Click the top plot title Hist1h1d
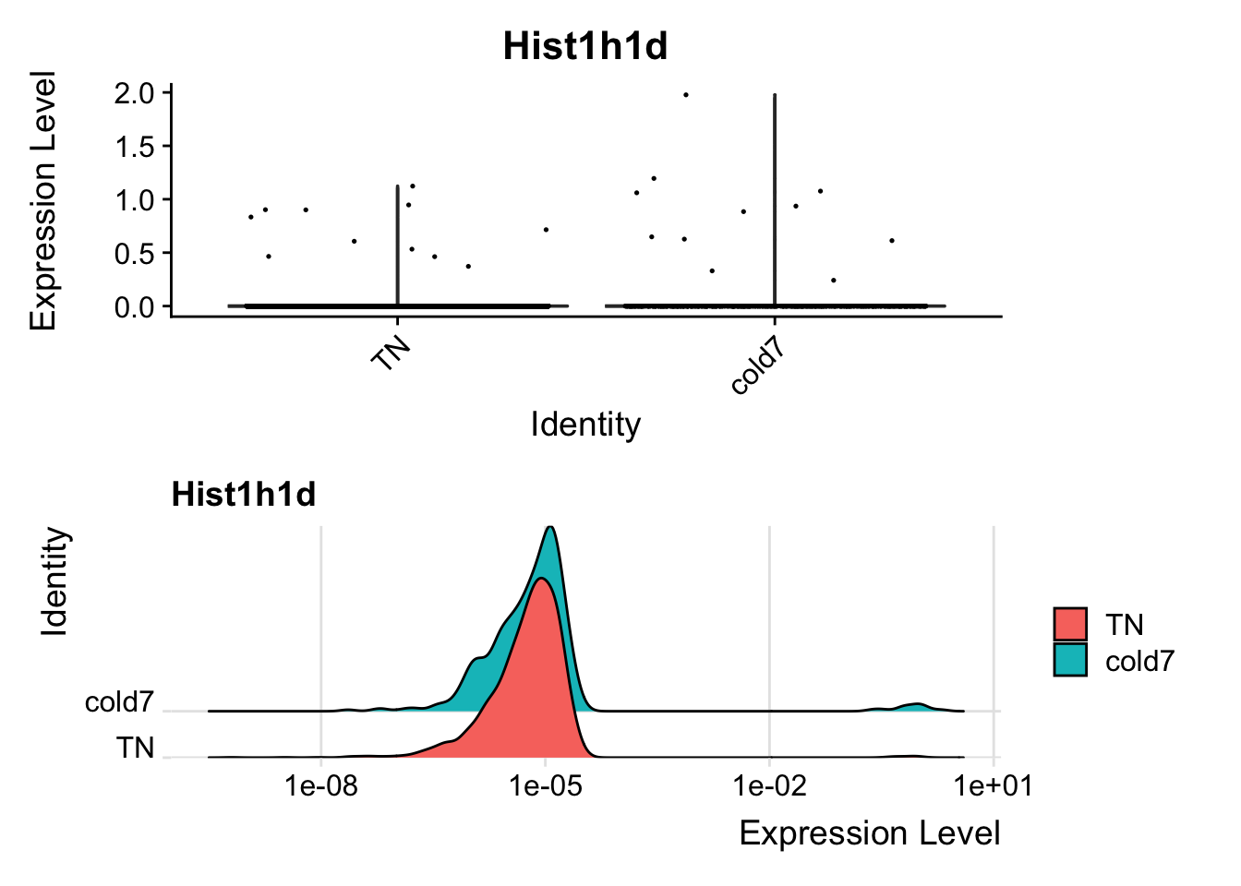point(584,46)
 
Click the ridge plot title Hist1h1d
point(244,496)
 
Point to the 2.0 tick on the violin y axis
point(135,93)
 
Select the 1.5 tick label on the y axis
point(135,147)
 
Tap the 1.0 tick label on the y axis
point(135,200)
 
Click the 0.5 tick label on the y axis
point(135,254)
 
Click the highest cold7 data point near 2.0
point(685,95)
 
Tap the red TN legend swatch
point(1070,624)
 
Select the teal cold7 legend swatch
point(1070,660)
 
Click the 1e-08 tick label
point(320,786)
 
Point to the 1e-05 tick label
point(545,786)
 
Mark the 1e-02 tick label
point(769,786)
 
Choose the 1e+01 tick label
point(994,786)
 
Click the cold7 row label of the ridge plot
point(119,702)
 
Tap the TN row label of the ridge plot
point(135,748)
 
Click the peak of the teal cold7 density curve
point(550,528)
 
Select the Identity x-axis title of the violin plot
point(584,425)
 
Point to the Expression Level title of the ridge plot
point(869,833)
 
